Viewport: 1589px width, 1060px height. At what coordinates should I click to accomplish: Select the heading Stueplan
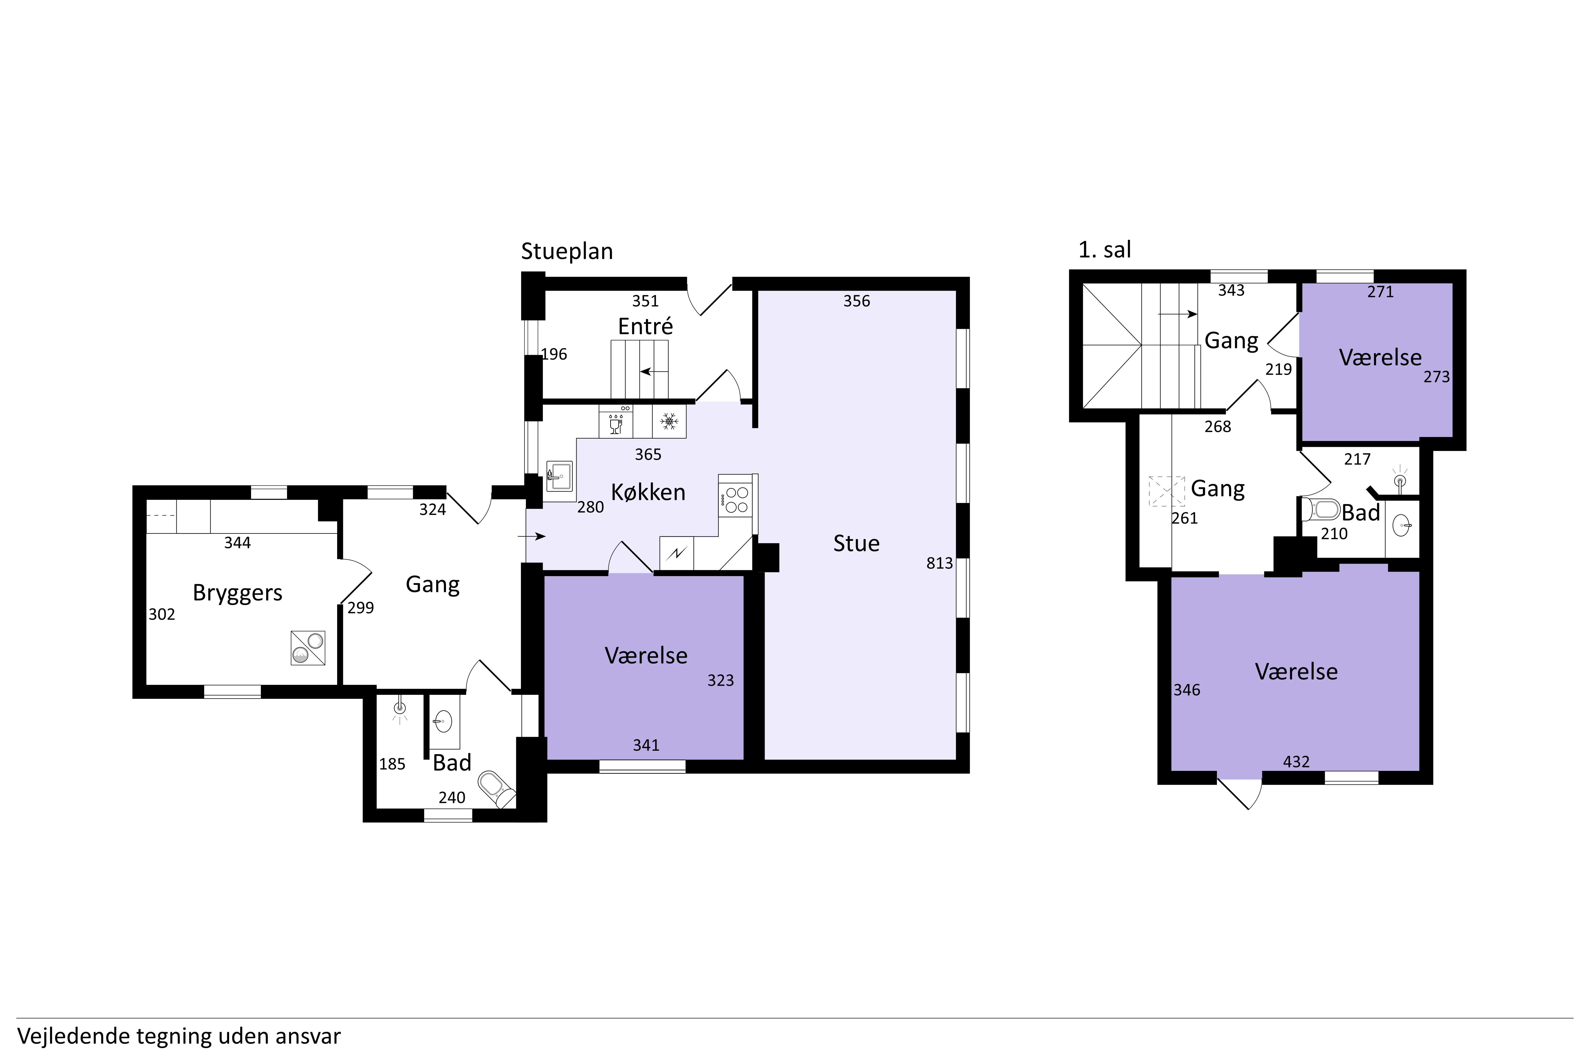[x=567, y=251]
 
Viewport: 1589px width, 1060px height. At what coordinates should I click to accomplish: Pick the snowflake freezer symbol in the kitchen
[x=669, y=422]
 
